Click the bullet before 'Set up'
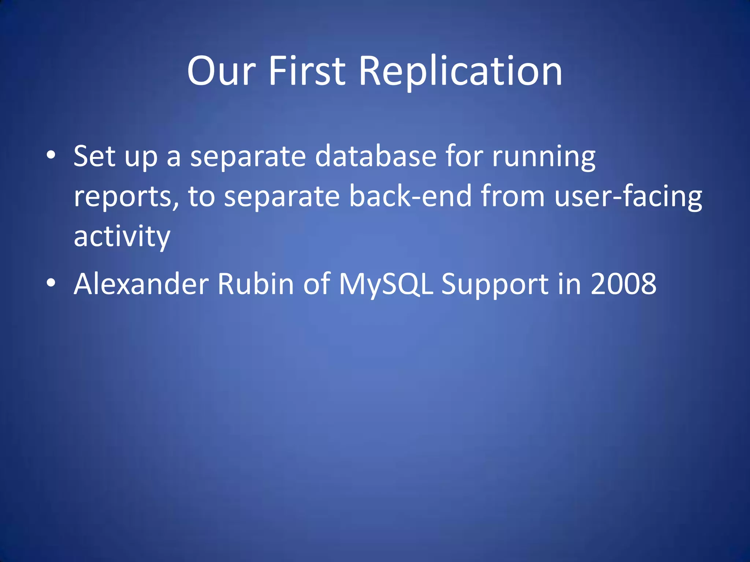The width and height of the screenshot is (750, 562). [51, 155]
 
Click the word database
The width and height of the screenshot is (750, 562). [376, 157]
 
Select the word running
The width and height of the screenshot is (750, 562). [543, 157]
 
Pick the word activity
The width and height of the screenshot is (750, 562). [122, 237]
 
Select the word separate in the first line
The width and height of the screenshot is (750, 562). [248, 157]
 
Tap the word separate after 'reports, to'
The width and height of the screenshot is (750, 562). [282, 197]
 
